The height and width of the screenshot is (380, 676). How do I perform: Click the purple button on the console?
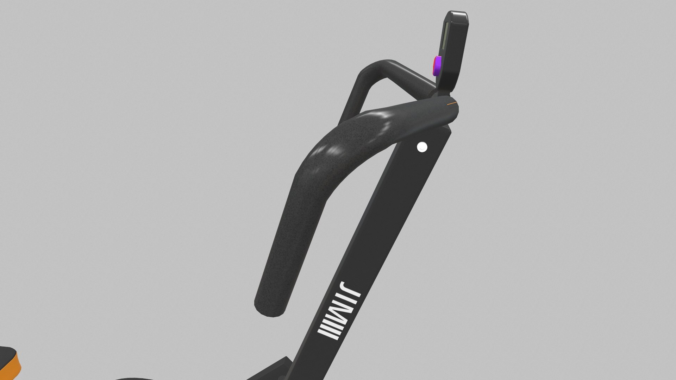(437, 65)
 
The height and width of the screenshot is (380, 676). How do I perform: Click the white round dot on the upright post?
(421, 147)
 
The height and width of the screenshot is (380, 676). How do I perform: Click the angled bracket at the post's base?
(282, 366)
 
